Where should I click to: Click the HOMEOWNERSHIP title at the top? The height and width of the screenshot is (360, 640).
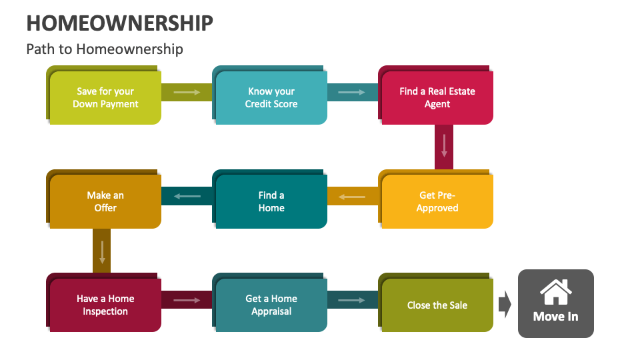point(120,23)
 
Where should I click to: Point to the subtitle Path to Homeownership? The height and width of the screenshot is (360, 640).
point(105,49)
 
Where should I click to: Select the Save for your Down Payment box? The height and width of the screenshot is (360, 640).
point(105,97)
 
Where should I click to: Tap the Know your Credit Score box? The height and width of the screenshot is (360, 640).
point(271,97)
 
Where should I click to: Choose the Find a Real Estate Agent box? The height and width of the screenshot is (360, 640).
point(437,97)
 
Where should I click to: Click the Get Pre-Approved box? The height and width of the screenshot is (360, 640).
point(437,201)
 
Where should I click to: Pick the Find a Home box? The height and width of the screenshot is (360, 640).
point(271,201)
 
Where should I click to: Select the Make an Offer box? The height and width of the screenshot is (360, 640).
point(105,201)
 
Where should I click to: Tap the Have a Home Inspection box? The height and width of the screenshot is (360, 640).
point(105,305)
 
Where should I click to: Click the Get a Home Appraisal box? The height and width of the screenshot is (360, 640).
point(271,305)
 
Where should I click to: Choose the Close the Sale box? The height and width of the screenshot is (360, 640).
point(437,305)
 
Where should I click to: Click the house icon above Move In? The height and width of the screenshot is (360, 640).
point(555,291)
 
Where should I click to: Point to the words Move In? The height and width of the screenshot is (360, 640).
point(555,316)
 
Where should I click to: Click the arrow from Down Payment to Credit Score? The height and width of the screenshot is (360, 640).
point(187,92)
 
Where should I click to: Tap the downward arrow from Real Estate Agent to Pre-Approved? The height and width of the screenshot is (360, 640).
point(444,145)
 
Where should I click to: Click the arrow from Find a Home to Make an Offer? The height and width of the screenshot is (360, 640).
point(187,196)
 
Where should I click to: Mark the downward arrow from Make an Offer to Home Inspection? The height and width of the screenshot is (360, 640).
point(102,251)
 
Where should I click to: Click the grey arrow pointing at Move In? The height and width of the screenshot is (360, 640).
point(505,305)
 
